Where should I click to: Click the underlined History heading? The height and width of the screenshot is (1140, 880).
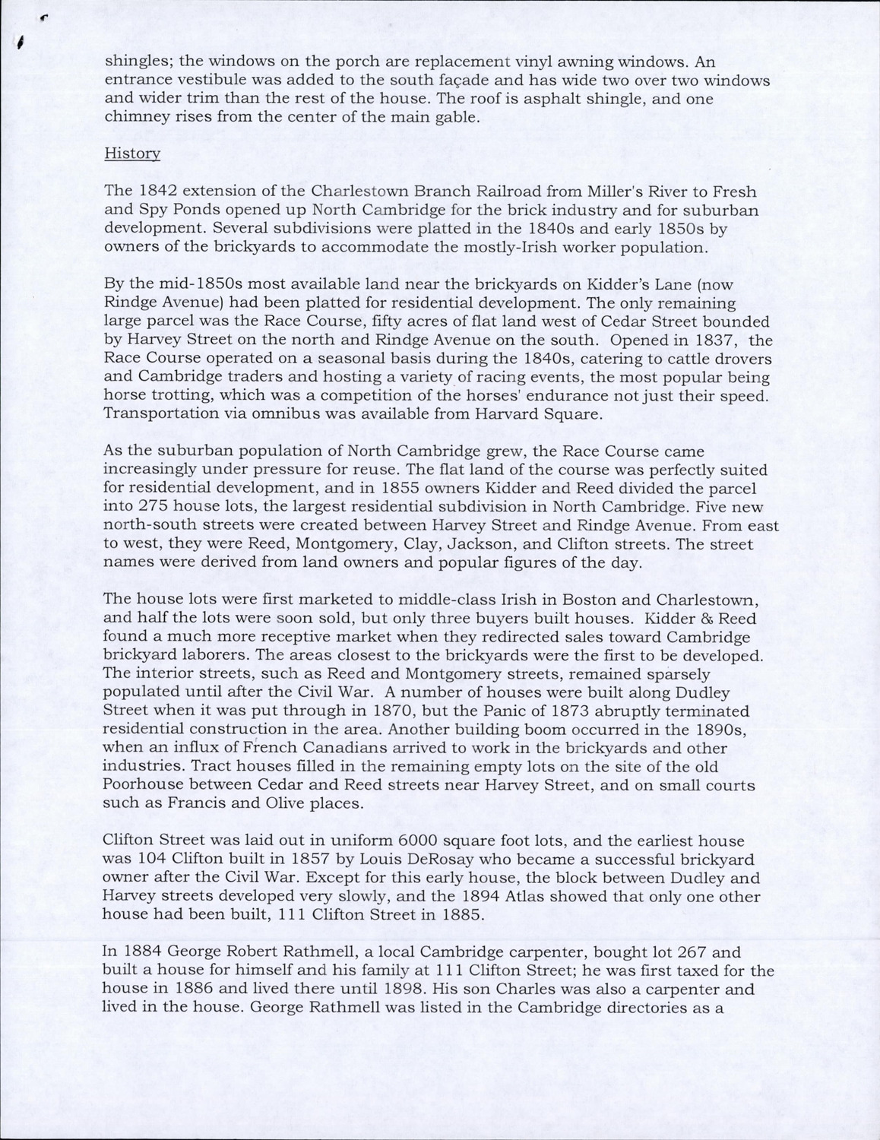[x=132, y=153]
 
